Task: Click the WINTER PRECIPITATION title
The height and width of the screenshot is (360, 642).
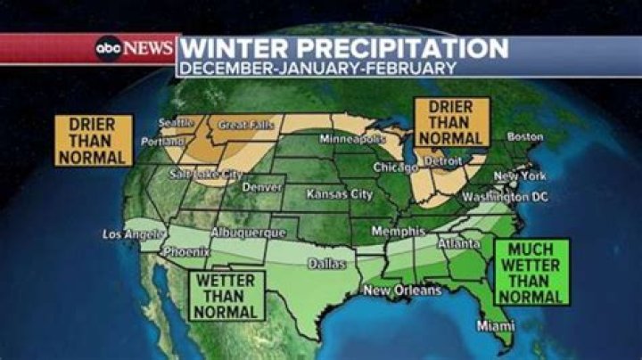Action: [344, 47]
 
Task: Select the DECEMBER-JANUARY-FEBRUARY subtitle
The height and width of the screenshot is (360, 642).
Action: [317, 68]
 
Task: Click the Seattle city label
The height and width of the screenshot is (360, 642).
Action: [177, 123]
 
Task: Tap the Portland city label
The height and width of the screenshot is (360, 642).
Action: [164, 142]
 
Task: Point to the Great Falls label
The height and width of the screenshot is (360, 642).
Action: [246, 126]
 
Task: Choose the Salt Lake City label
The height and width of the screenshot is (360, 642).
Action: [206, 175]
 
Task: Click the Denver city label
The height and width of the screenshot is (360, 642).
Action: [262, 188]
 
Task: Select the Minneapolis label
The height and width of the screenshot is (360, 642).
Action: [352, 140]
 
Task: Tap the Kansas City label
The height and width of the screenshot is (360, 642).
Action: [339, 193]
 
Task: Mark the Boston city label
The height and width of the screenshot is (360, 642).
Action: [524, 136]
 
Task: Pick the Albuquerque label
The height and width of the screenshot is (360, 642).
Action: [249, 233]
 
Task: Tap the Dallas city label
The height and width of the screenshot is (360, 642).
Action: [326, 264]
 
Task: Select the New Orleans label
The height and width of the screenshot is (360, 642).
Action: [401, 290]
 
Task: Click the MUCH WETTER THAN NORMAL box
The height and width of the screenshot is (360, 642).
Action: [531, 273]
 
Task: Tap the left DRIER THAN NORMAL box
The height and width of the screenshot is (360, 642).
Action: [94, 140]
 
